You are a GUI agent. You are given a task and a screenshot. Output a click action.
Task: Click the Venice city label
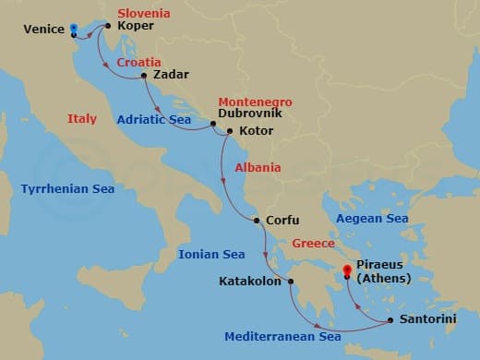point(43,29)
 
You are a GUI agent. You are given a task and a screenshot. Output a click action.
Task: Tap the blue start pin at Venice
point(73,28)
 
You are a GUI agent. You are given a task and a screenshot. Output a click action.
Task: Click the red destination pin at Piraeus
point(347,271)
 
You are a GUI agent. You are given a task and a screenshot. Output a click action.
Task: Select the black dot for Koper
point(108,26)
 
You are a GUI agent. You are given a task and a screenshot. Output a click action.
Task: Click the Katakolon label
point(249,282)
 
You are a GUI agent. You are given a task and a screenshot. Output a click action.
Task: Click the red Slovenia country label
point(144,13)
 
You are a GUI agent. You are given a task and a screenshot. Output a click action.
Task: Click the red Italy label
point(82,119)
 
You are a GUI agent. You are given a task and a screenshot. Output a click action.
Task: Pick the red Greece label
point(313,245)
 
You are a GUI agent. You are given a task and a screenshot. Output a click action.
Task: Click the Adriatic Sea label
point(153,119)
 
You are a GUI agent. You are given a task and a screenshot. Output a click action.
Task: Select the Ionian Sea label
point(211,254)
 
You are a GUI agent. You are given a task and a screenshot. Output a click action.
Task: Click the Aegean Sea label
point(372,219)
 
